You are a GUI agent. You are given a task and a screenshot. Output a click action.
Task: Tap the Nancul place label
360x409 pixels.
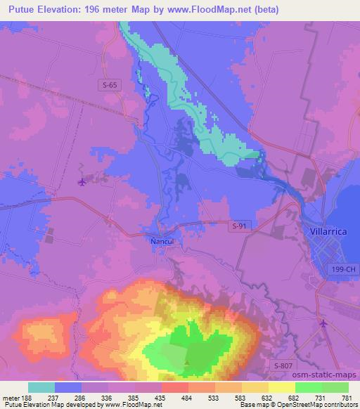pyautogui.click(x=161, y=240)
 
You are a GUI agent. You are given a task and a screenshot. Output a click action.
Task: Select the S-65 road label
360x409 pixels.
pyautogui.click(x=106, y=84)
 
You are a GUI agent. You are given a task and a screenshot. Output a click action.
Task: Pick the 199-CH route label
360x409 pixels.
pyautogui.click(x=343, y=270)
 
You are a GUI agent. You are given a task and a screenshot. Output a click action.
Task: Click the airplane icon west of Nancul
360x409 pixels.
pyautogui.click(x=82, y=183)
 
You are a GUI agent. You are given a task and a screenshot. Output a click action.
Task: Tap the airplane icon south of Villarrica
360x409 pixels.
pyautogui.click(x=323, y=323)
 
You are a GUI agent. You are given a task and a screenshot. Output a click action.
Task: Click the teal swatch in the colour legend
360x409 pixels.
pyautogui.click(x=41, y=387)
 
